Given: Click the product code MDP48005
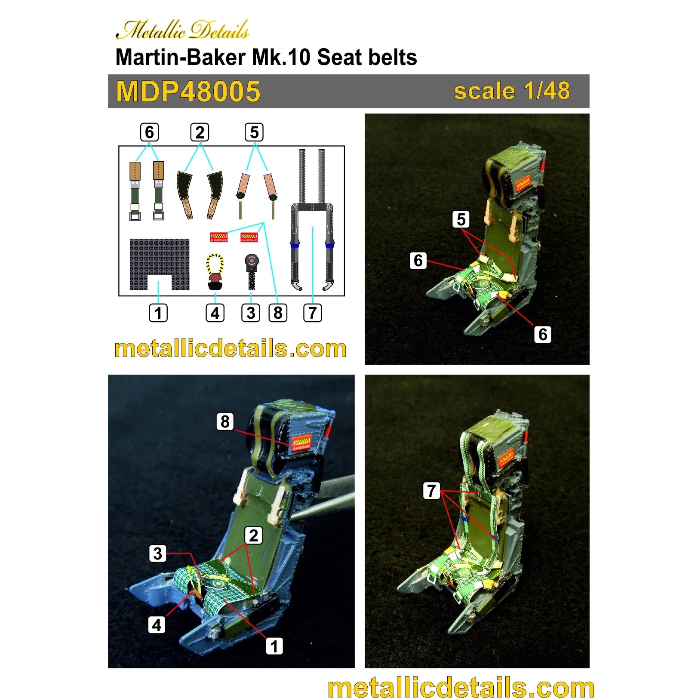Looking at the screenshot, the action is click(188, 91).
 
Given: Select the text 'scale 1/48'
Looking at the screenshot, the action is click(512, 91).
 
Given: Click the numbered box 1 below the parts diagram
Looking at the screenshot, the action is click(158, 313).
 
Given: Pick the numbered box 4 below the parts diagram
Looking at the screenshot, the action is click(215, 313).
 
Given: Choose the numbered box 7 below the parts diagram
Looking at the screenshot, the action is click(313, 313).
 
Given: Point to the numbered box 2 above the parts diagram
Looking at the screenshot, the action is click(200, 132).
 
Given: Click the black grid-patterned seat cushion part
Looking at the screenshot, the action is click(160, 264).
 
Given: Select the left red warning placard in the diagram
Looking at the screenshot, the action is click(218, 237).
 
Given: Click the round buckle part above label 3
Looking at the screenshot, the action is click(252, 261).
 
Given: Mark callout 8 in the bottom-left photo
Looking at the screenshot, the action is click(225, 421).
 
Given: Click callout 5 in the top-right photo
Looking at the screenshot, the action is click(461, 219).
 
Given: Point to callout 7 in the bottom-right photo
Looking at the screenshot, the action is click(432, 490).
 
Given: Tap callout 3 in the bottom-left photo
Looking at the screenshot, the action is click(158, 553).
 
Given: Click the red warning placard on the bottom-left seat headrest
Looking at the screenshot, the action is click(301, 443).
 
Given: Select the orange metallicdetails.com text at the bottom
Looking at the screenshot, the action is click(461, 687).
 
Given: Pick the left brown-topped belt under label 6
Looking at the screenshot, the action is click(135, 191).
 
